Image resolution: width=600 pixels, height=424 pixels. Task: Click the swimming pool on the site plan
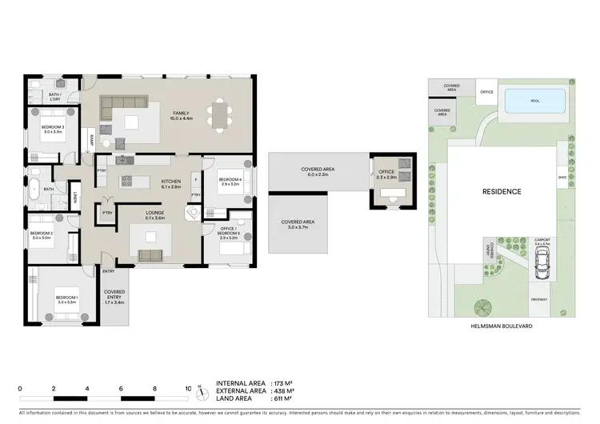pyautogui.click(x=534, y=101)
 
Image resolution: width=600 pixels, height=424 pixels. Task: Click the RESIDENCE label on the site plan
pyautogui.click(x=501, y=192)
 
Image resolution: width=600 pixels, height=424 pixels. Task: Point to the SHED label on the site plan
pyautogui.click(x=562, y=178)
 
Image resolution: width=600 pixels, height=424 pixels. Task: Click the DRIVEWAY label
pyautogui.click(x=538, y=299)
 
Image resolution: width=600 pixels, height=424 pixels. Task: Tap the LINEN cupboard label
pyautogui.click(x=75, y=197)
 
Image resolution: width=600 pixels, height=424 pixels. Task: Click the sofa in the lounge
pyautogui.click(x=150, y=255)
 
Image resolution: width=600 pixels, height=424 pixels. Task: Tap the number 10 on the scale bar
pyautogui.click(x=188, y=388)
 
